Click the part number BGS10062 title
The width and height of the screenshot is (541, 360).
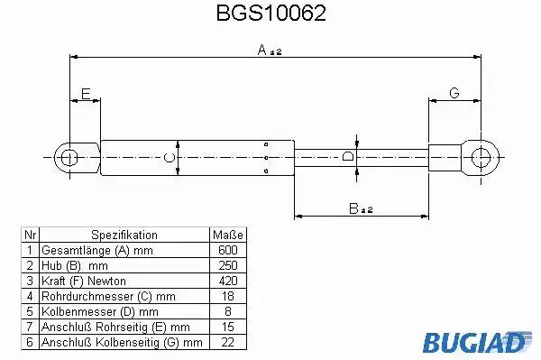(270, 14)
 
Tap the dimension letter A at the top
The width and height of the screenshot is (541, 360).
(262, 50)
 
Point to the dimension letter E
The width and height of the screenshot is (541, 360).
(86, 94)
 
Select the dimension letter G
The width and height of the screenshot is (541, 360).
(454, 93)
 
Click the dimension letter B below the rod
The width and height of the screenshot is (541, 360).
(353, 208)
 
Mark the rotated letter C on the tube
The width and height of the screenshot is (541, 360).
(170, 158)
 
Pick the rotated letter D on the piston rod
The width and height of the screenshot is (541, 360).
(348, 156)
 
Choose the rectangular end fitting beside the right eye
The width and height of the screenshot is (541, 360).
(445, 158)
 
